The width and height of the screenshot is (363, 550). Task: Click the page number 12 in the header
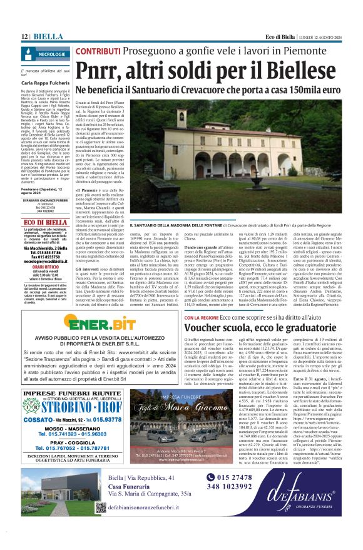click(x=24, y=36)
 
